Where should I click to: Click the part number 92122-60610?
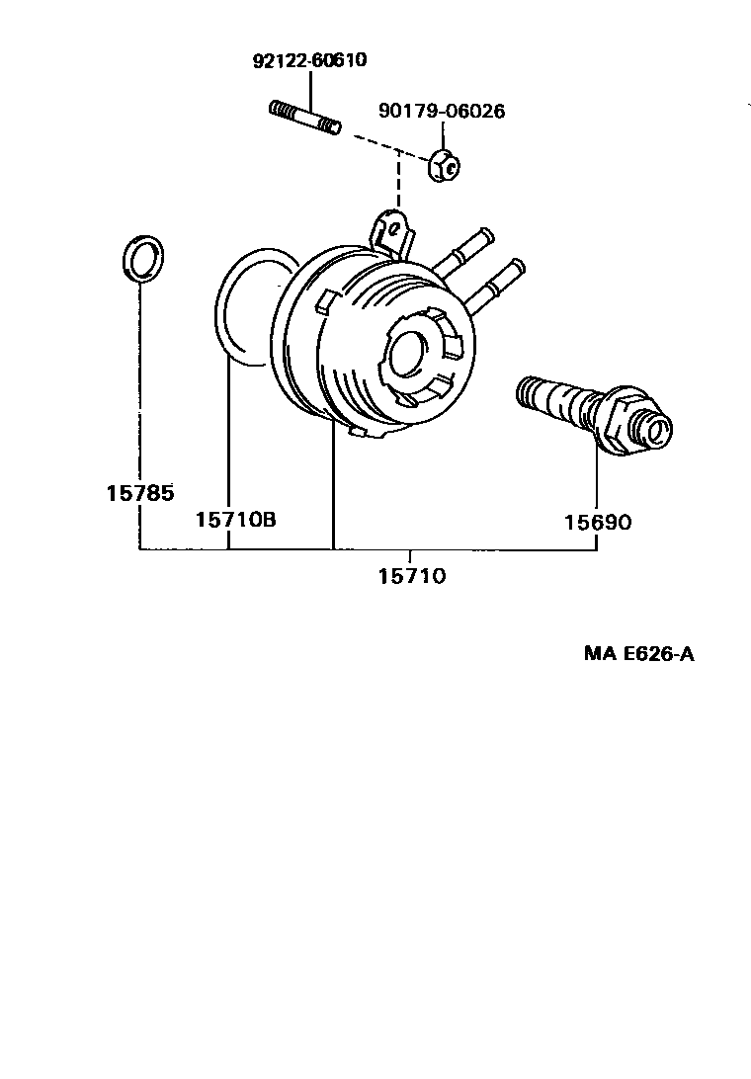coord(308,60)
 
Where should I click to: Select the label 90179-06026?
coord(441,112)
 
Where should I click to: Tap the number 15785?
coord(139,491)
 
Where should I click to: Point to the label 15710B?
coord(235,519)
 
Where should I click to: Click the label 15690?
coord(598,522)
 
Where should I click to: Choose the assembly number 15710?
coord(411,575)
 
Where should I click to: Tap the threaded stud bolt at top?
coord(304,118)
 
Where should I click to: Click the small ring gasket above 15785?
coord(143,258)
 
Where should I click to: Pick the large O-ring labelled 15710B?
coord(237,306)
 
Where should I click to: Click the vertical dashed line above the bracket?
coord(398,183)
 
